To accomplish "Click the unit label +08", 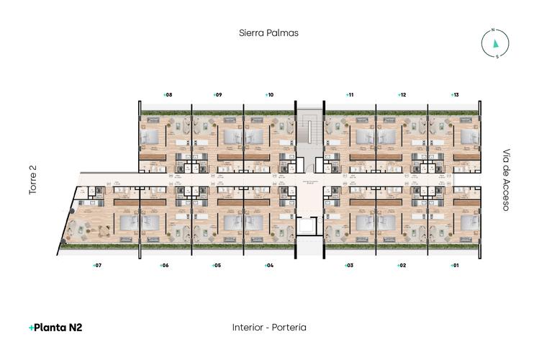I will click(166, 94).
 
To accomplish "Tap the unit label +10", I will click(268, 94).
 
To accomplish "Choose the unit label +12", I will click(402, 94).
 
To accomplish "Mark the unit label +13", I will click(453, 94).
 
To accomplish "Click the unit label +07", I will click(96, 266).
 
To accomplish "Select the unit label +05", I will click(216, 266).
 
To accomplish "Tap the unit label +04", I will click(268, 266).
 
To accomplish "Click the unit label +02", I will click(402, 266).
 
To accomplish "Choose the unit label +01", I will click(453, 266).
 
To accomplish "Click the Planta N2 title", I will click(55, 328).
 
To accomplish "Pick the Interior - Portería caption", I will click(269, 328).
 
